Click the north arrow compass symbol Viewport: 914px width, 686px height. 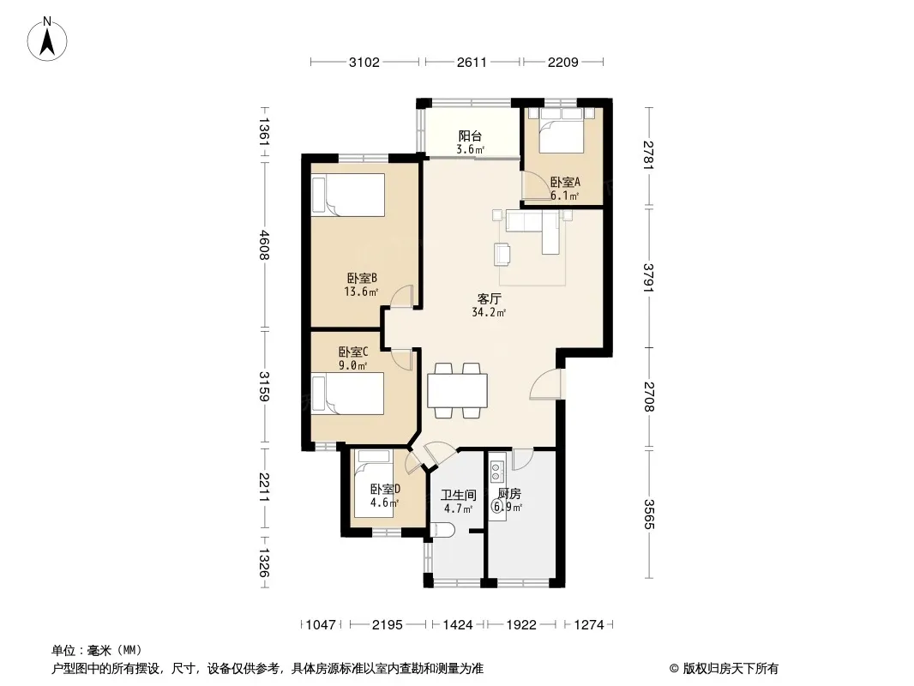(47, 39)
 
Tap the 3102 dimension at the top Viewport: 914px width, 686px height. (364, 62)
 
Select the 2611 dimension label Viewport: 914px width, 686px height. (472, 62)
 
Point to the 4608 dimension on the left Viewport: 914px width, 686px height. (264, 244)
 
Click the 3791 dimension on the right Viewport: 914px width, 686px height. (649, 278)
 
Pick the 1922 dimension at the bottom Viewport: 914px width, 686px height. (521, 625)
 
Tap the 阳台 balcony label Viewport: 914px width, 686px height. (470, 136)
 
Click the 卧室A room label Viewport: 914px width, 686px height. (565, 183)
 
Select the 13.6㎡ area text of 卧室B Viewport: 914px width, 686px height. (361, 292)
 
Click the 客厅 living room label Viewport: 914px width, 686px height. (489, 299)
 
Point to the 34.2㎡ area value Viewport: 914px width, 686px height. (489, 312)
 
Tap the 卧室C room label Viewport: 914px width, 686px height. (353, 352)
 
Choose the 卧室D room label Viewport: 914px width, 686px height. (385, 489)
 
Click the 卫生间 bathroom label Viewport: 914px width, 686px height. (458, 496)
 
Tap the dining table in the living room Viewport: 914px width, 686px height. (458, 390)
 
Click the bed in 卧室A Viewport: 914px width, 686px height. (562, 130)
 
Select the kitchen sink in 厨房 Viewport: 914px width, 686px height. (497, 471)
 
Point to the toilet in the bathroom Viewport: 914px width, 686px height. (443, 531)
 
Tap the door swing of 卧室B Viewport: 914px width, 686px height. (401, 296)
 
